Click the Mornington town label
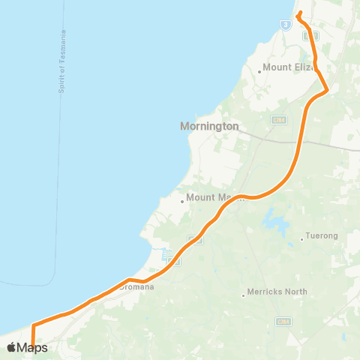point(209,126)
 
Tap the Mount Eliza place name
point(288,67)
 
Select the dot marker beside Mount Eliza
point(259,72)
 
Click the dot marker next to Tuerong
point(301,239)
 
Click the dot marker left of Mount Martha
point(182,200)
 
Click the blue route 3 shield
point(286,24)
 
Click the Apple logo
point(11,347)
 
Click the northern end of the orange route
point(299,13)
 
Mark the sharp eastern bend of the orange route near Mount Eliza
point(327,89)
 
